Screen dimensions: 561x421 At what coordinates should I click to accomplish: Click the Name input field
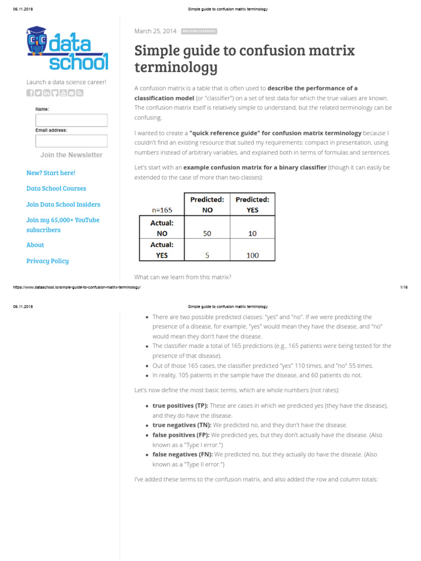[71, 121]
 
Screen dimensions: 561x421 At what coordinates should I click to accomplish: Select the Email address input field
[71, 141]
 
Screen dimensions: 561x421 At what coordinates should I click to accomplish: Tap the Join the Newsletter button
[71, 155]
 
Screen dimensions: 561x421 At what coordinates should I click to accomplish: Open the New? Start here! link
[50, 173]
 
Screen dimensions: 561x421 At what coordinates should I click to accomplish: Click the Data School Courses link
[56, 188]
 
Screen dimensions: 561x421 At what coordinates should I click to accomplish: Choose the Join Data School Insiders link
[63, 204]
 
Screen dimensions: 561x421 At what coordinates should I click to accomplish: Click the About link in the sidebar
[35, 245]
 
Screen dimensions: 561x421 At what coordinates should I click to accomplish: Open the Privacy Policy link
[48, 261]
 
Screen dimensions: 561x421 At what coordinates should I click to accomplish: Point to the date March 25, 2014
[155, 31]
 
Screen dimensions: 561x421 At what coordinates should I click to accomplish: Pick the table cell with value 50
[207, 233]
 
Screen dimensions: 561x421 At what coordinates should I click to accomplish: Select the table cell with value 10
[252, 233]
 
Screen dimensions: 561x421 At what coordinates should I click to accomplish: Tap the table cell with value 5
[207, 255]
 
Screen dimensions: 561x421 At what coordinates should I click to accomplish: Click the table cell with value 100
[252, 255]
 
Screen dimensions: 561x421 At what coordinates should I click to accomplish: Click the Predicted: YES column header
[252, 204]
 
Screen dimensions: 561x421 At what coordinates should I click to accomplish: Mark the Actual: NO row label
[162, 228]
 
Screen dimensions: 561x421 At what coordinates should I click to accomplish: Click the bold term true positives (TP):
[180, 406]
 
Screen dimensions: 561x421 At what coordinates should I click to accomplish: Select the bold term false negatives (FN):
[183, 455]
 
